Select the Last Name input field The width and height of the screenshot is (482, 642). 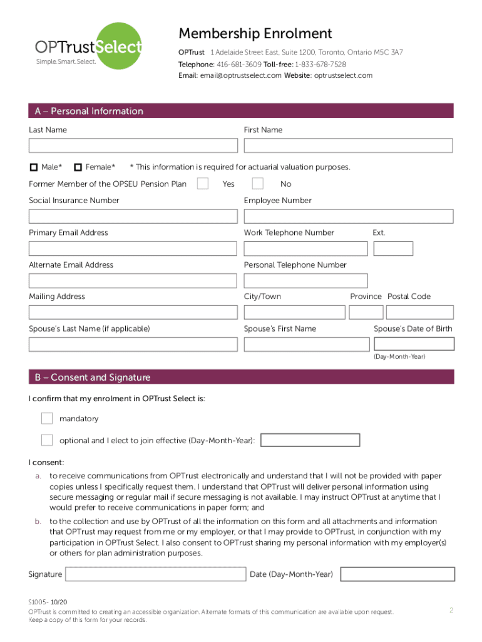[133, 145]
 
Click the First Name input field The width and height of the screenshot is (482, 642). [348, 145]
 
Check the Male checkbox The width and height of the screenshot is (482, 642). [34, 167]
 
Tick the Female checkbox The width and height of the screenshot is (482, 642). [78, 167]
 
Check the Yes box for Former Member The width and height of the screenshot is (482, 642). [202, 183]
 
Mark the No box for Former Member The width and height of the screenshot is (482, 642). [257, 183]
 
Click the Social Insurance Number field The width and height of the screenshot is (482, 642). [133, 216]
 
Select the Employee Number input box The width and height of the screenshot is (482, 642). [348, 216]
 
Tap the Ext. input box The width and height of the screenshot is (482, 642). [393, 248]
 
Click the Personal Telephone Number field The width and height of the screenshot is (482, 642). [305, 280]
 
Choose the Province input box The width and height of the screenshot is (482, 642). [366, 312]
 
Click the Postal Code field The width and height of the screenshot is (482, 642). [419, 312]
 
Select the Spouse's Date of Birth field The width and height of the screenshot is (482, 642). [414, 344]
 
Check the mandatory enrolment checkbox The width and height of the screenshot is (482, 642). [47, 418]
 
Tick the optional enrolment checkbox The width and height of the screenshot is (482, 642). [47, 440]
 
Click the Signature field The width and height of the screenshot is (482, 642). [155, 574]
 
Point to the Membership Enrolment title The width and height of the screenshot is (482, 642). [255, 34]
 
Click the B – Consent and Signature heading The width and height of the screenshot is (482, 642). [93, 377]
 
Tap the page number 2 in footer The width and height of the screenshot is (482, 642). [451, 610]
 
